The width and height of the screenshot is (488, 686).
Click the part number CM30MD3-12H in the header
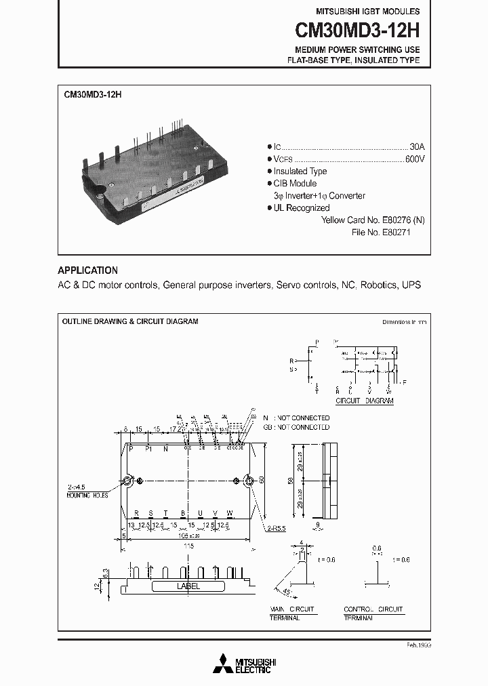357,31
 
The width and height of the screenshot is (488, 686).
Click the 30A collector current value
417,146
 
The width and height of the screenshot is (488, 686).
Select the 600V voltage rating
415,159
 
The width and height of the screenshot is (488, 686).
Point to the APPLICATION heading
87,270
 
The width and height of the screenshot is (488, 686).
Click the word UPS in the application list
411,285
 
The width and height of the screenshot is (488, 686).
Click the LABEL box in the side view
188,586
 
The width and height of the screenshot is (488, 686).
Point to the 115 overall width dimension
188,545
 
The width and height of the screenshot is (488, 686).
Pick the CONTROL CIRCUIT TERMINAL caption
373,614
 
